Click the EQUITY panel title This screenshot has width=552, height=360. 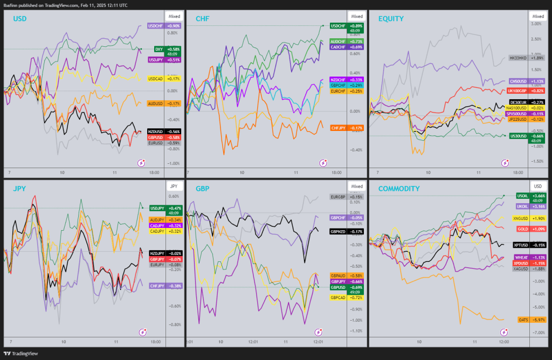(x=391, y=19)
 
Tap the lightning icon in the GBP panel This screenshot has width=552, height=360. (x=322, y=332)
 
